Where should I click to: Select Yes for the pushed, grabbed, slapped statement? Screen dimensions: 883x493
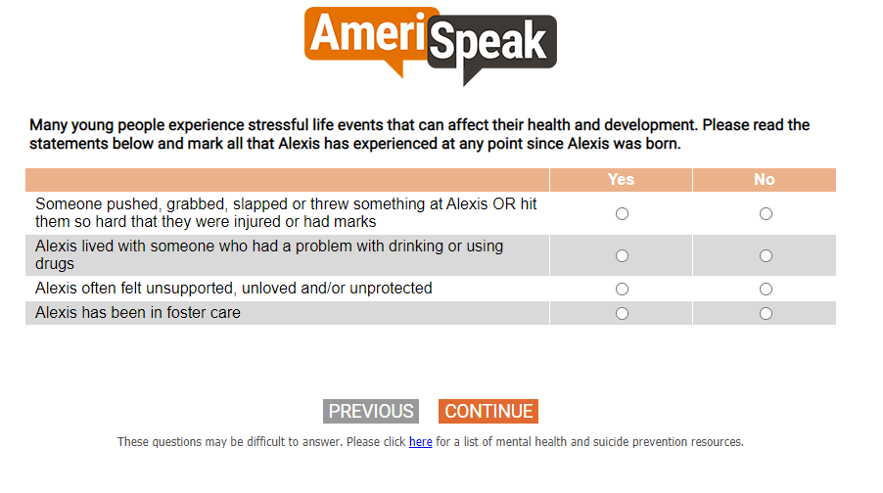click(x=622, y=214)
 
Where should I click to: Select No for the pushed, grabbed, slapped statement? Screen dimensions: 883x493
click(x=766, y=214)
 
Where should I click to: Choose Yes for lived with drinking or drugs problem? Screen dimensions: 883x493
click(x=622, y=256)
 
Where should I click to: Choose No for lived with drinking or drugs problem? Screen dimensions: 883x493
click(x=766, y=256)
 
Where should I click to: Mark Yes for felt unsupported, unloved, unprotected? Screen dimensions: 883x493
click(x=622, y=290)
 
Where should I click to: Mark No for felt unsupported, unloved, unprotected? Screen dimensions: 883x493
click(x=766, y=290)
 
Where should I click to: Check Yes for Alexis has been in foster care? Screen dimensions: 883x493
click(x=622, y=313)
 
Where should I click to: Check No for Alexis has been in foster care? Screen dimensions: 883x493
click(x=766, y=313)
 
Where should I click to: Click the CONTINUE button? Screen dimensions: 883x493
click(x=488, y=412)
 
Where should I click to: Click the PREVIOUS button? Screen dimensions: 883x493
click(x=371, y=412)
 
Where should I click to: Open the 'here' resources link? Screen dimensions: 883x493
click(x=421, y=442)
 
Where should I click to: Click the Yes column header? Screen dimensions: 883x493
click(x=621, y=180)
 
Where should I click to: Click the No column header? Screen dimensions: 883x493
click(x=765, y=180)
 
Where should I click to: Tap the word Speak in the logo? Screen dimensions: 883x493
click(x=488, y=39)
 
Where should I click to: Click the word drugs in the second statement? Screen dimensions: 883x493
click(x=55, y=264)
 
